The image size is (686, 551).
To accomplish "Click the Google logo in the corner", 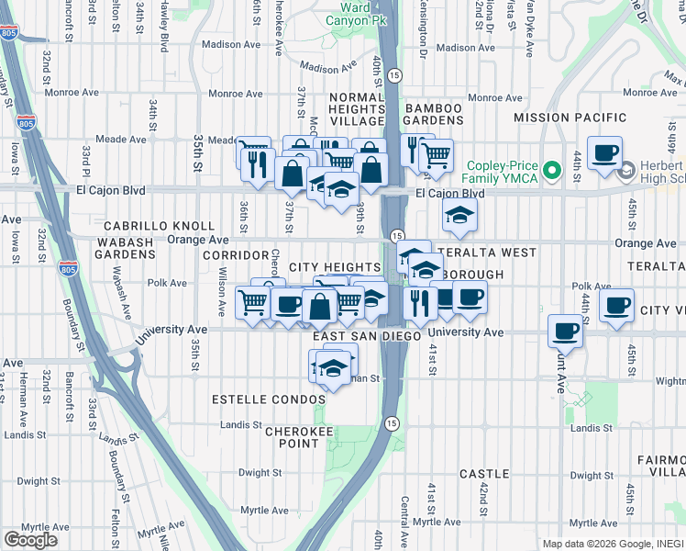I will click(x=30, y=539).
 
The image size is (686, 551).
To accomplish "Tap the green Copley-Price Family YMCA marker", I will click(x=551, y=170).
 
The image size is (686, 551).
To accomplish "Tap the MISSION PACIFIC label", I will click(x=570, y=118).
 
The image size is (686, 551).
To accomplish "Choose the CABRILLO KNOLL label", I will click(x=159, y=226).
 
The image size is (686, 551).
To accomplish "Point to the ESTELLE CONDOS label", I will click(x=268, y=400).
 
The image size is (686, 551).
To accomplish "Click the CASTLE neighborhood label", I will click(x=483, y=474).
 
